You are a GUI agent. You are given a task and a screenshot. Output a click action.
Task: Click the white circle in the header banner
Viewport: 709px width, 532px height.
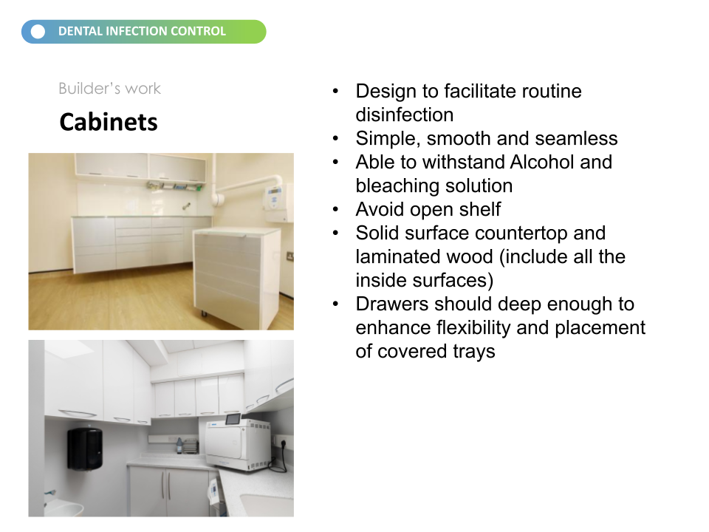click(x=38, y=32)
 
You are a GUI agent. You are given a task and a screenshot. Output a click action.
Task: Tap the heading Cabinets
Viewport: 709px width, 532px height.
click(x=109, y=122)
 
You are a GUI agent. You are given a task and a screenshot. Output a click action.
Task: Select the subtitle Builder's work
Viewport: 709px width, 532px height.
click(x=109, y=88)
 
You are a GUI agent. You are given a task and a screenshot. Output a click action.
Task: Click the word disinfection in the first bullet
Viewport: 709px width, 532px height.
click(x=404, y=115)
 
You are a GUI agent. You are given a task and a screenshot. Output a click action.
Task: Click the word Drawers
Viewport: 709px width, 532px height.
click(x=391, y=304)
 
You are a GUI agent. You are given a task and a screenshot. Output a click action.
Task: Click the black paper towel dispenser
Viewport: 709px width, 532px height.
click(x=85, y=449)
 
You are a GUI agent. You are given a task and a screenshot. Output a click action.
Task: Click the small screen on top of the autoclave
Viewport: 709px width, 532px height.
click(x=233, y=419)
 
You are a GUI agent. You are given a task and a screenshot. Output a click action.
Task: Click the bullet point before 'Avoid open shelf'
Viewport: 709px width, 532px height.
click(x=335, y=209)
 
